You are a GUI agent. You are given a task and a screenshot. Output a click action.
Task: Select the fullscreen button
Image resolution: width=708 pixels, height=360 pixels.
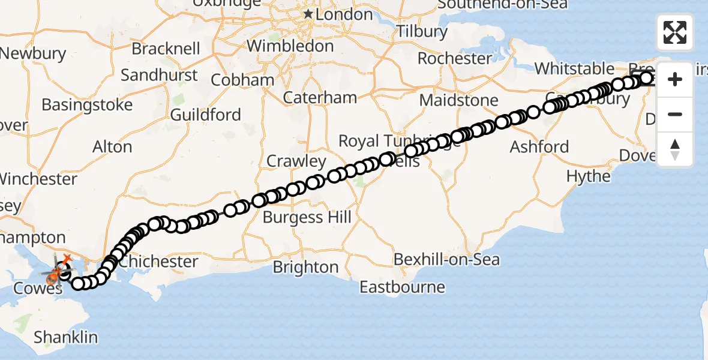coord(675,32)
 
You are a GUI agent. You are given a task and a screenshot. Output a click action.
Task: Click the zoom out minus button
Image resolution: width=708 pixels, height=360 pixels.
coord(675,114)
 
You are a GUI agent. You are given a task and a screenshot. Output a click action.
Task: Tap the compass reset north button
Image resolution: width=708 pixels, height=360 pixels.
coord(675,149)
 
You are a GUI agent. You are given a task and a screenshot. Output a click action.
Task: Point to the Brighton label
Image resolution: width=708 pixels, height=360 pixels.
coord(305,267)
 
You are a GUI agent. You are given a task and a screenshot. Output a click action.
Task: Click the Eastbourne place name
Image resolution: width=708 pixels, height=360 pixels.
coord(402,287)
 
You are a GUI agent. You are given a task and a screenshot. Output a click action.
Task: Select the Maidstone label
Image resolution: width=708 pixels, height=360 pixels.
coord(458,100)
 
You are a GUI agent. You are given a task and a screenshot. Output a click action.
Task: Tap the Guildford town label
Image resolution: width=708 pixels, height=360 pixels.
coord(205,115)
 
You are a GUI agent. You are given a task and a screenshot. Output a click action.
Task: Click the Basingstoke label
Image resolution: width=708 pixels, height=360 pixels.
coord(87,105)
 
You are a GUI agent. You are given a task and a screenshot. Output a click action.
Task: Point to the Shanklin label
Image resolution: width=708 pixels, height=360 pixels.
coord(65,337)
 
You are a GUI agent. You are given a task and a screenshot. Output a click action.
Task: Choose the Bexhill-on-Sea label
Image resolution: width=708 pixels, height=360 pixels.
coord(446,260)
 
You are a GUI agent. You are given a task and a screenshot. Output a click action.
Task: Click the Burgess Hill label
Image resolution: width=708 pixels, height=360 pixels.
coord(307,217)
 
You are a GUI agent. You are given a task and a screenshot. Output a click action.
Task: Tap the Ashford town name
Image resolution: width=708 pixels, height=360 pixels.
coord(539,146)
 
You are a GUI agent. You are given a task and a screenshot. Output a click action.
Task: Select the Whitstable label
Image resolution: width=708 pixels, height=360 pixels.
coord(575,68)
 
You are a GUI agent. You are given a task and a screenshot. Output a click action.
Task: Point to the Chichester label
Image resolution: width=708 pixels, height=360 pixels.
coord(158,262)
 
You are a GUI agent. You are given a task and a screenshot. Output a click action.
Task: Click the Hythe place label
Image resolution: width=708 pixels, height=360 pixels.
coord(589,176)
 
